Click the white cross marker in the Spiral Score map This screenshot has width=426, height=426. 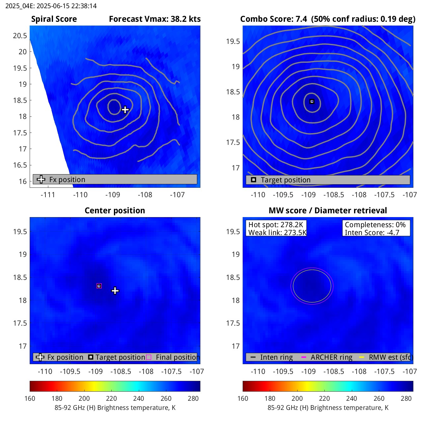coord(125,110)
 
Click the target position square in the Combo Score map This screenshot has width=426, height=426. coord(312,101)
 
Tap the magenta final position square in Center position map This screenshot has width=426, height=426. coord(99,286)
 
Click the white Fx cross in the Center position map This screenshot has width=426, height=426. coord(115,291)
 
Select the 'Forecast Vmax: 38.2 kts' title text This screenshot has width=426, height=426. coord(155,19)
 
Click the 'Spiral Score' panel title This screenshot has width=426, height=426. coord(54,19)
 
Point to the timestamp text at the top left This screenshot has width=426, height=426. coord(51,6)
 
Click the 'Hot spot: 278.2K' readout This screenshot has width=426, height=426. coord(275,225)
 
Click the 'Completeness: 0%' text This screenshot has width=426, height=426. coord(375,225)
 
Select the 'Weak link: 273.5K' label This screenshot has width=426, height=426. coord(277,233)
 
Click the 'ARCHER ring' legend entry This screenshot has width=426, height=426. coord(331,357)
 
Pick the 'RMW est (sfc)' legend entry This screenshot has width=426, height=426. coord(391,357)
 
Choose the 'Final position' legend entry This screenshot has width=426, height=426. coord(177,357)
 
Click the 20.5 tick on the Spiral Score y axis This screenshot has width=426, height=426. coord(20,36)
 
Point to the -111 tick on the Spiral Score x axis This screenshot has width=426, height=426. coord(48,195)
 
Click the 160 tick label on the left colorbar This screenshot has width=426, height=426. coord(30,399)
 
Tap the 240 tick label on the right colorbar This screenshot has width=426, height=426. coord(352,399)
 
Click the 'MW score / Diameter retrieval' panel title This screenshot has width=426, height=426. coord(328,210)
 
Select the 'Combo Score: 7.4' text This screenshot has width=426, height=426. coord(273,19)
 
